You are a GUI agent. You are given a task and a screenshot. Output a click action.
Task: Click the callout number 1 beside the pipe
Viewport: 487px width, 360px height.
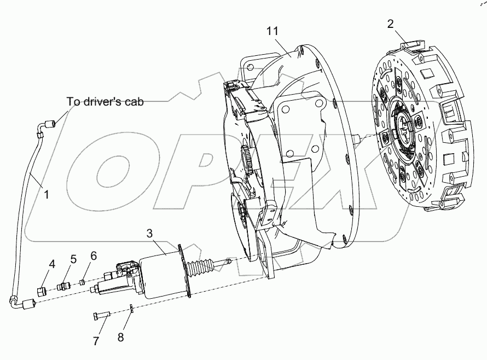(x=47, y=194)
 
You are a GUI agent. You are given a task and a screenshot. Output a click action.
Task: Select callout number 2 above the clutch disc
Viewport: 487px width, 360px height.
(x=390, y=24)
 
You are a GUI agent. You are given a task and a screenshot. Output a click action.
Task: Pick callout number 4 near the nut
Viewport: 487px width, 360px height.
(x=52, y=264)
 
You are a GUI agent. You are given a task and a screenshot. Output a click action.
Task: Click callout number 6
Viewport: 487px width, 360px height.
(x=94, y=255)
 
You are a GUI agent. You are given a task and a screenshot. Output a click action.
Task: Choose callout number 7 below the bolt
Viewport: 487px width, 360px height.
(x=96, y=341)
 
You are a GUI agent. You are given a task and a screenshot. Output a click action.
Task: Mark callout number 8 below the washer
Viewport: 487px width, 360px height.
(x=120, y=338)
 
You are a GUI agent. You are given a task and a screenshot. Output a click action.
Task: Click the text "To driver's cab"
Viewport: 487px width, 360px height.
(x=105, y=101)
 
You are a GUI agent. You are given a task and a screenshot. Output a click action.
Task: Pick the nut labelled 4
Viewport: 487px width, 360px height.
(x=40, y=291)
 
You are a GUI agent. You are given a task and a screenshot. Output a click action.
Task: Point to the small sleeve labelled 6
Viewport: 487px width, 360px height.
(x=82, y=283)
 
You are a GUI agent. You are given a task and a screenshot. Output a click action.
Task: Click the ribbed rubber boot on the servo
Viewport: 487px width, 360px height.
(x=200, y=270)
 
